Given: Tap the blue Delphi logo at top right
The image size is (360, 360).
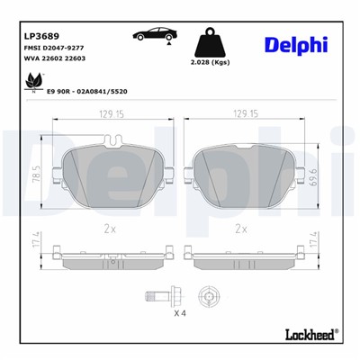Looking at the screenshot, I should point(295,46).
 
